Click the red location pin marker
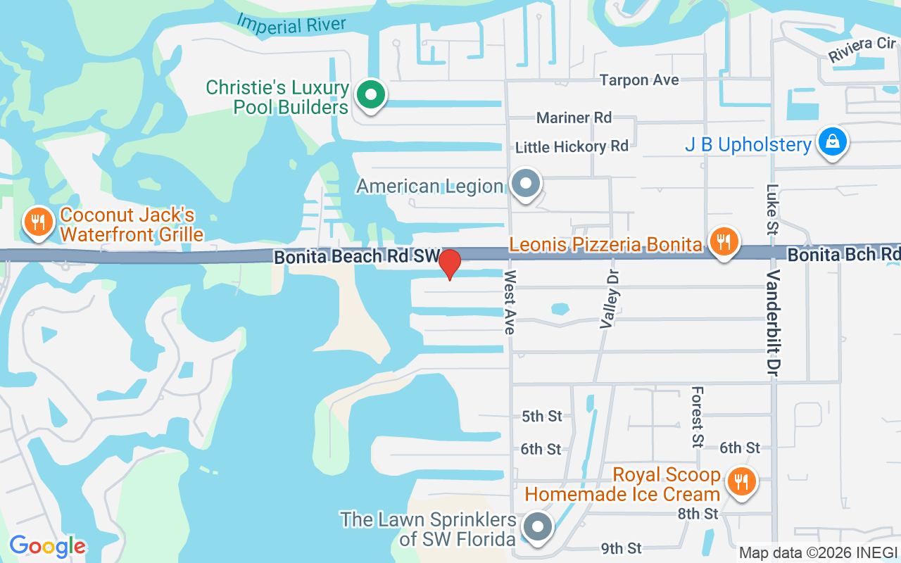point(449,264)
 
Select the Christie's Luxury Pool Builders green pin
point(370,95)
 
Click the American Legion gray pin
point(525,185)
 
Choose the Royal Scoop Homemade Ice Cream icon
point(741,482)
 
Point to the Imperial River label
point(292,24)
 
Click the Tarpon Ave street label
point(639,80)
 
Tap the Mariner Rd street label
point(574,118)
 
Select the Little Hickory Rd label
point(572,146)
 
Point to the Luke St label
point(773,209)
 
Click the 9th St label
point(621,548)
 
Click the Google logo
point(47,546)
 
